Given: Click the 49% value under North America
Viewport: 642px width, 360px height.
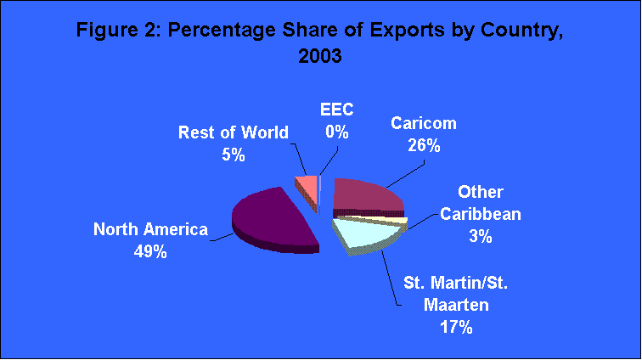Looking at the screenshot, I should coord(150,252).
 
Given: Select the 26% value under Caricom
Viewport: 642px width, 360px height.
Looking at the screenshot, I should coord(423,145).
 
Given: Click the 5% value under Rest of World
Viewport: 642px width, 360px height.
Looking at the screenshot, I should coord(234,155).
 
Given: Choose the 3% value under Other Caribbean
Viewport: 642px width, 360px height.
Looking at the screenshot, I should coord(481,237).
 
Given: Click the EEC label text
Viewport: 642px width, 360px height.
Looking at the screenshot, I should coord(338,110).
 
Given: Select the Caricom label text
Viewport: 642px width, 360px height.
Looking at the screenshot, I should coord(423,123).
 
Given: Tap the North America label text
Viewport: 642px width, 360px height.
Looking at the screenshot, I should coord(150,229).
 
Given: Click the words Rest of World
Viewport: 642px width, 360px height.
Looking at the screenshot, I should coord(234,132).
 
